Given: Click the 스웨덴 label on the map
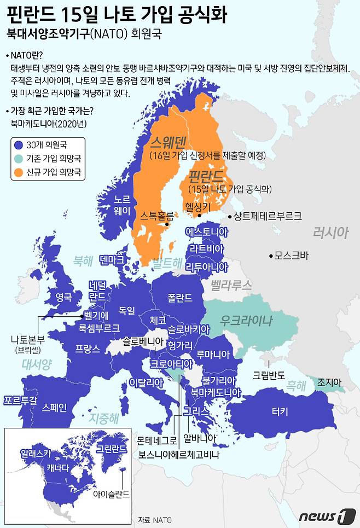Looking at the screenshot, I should [169, 143].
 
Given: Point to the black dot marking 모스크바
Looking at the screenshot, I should [271, 256].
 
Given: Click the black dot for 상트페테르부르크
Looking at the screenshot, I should [229, 216].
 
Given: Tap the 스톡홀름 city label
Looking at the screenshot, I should [156, 215].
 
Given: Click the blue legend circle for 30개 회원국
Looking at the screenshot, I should [18, 146].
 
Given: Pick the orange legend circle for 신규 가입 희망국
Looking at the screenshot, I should [18, 172].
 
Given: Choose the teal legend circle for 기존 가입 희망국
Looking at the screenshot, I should [18, 159].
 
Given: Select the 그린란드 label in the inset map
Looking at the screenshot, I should [111, 449].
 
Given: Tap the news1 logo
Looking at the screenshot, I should [323, 515].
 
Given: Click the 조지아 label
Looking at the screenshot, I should [329, 381].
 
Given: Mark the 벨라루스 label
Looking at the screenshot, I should [231, 285].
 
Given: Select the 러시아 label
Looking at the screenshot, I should [330, 233].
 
